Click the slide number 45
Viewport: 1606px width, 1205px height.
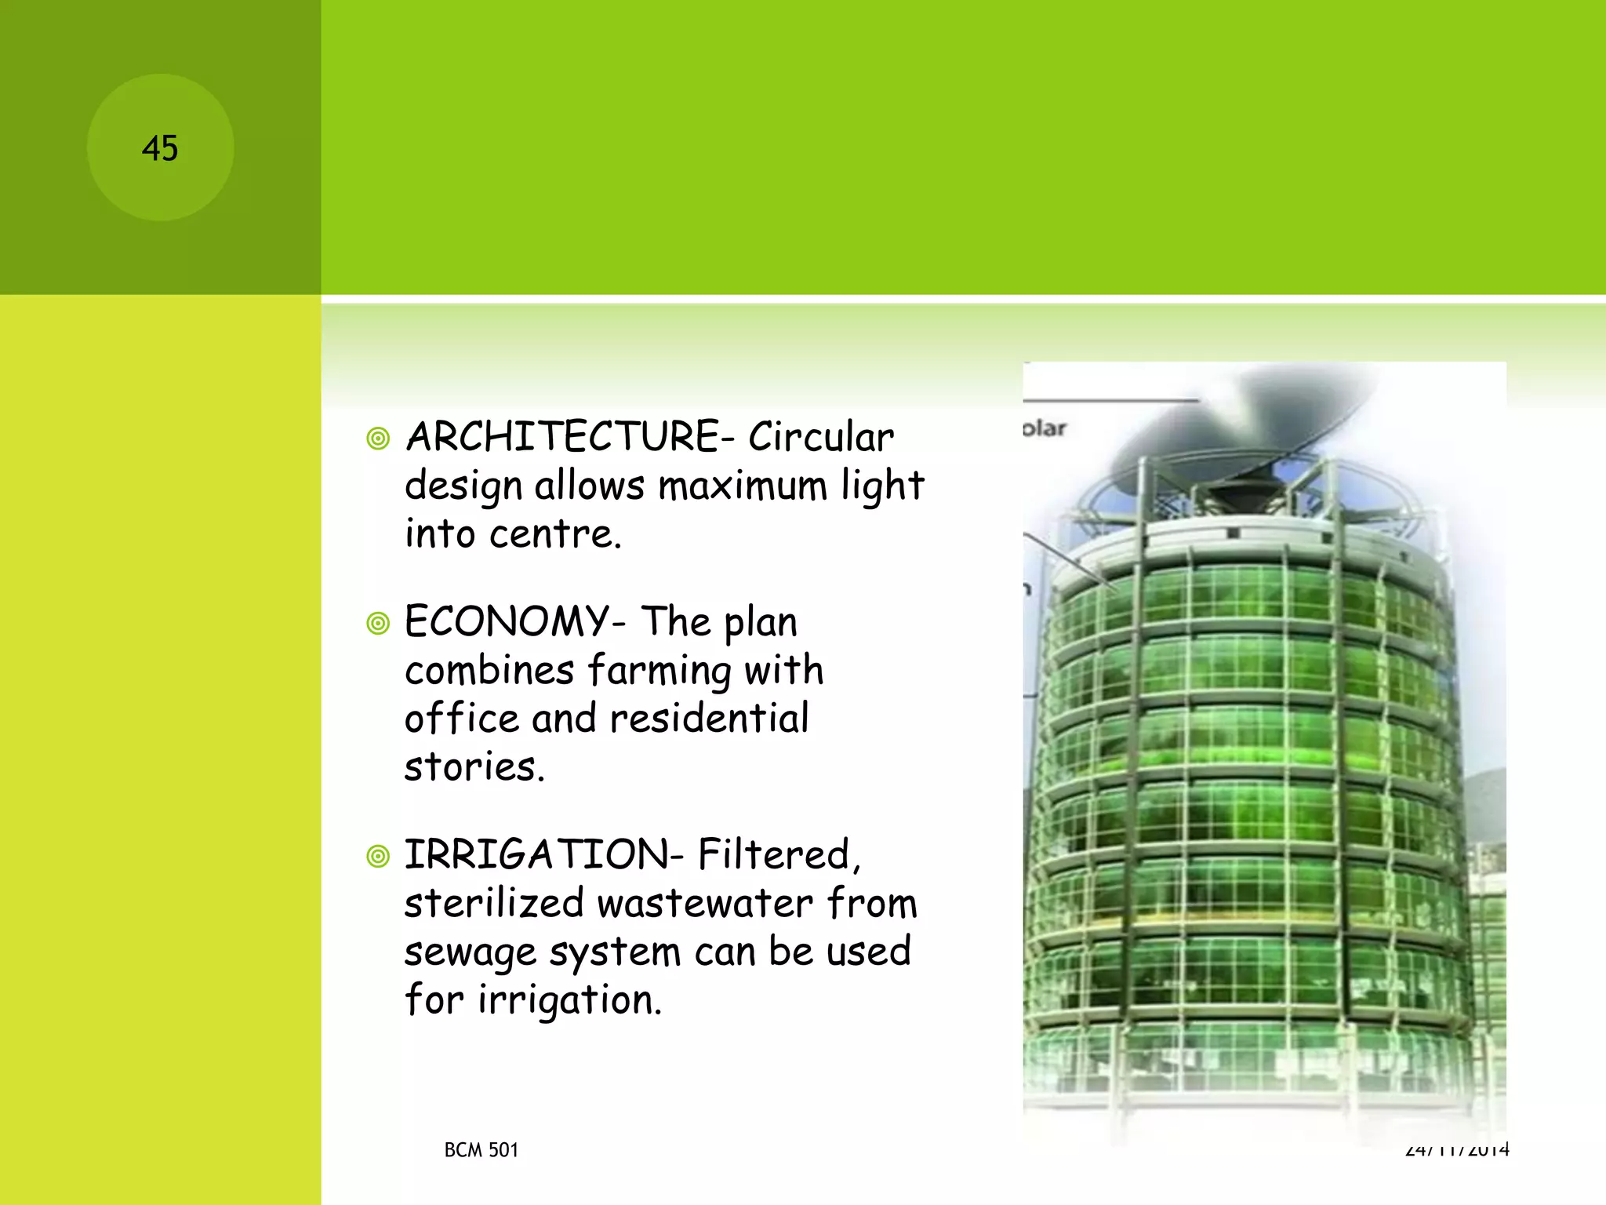coord(160,148)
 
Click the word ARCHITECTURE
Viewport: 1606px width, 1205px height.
coord(562,437)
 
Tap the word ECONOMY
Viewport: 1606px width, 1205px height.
coord(507,622)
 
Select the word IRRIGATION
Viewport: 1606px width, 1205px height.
coord(536,854)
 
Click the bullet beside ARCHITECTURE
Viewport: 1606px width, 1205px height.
coord(378,439)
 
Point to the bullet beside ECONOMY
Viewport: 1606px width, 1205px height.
coord(378,624)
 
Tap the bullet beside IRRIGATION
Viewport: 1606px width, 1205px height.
coord(378,856)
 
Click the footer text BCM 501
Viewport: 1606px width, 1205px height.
coord(481,1150)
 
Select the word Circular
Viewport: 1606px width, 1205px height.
coord(820,437)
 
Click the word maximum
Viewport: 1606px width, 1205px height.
coord(742,486)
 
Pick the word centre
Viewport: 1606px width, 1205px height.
coord(555,534)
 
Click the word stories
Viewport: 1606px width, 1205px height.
coord(474,766)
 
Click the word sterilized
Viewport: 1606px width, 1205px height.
coord(494,903)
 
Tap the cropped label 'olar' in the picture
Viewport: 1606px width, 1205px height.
coord(1045,428)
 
